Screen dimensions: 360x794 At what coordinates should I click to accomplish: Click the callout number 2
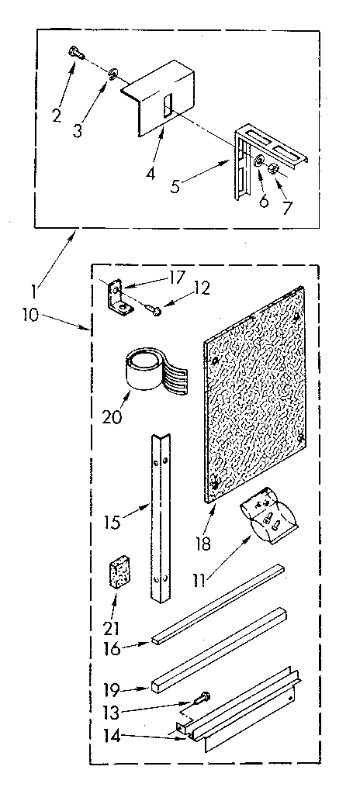[57, 115]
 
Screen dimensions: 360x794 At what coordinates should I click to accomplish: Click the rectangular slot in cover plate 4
[168, 103]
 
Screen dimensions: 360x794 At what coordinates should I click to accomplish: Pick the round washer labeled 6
[258, 161]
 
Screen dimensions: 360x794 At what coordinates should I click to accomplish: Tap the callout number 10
[32, 315]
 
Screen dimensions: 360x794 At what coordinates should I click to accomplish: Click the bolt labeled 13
[201, 698]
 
